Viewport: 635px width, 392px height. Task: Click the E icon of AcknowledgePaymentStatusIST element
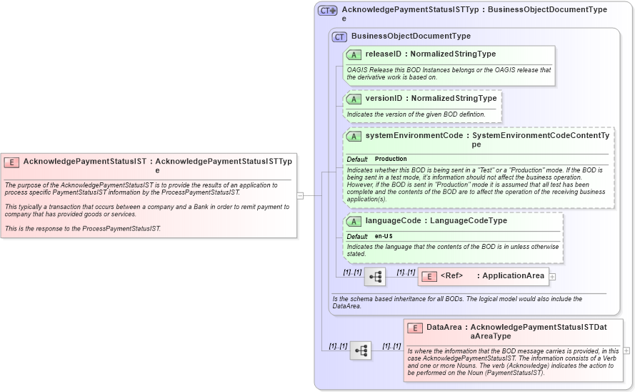click(11, 162)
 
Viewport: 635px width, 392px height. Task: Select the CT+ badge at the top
click(328, 10)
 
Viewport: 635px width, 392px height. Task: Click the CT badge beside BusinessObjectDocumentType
click(339, 36)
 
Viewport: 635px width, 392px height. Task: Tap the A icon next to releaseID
click(354, 54)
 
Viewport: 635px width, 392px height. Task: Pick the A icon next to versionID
click(354, 99)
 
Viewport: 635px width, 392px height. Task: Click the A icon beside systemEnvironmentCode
click(354, 136)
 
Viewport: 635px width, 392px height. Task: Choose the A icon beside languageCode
click(354, 221)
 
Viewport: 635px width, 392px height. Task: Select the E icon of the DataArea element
click(415, 328)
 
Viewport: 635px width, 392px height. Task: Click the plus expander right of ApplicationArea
click(552, 276)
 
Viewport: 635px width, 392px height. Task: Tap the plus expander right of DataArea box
click(626, 351)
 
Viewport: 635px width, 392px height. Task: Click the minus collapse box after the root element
click(301, 195)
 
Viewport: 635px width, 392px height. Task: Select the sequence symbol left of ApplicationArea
click(375, 276)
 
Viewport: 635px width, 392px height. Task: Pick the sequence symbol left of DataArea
click(361, 351)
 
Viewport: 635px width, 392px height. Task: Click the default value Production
click(391, 159)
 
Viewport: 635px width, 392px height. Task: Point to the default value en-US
click(384, 236)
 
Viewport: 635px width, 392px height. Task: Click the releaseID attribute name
click(384, 54)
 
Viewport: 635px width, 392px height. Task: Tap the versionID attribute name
click(384, 99)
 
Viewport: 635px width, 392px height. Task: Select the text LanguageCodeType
click(469, 221)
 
